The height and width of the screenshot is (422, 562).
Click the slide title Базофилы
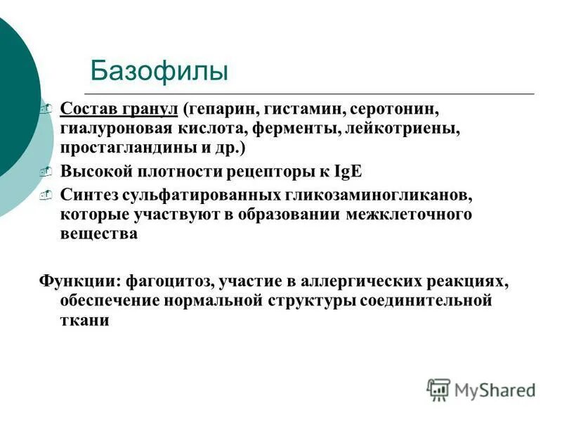pos(159,71)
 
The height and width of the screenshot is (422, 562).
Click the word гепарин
pos(216,110)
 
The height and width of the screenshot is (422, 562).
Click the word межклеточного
pos(408,214)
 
